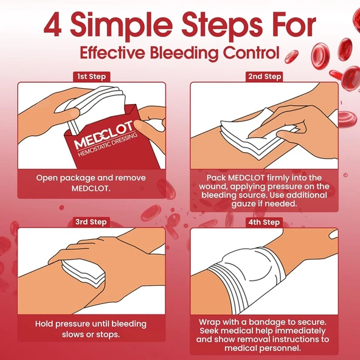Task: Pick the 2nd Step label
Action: pos(265,77)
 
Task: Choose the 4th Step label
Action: pos(265,222)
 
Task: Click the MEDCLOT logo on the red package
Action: pos(100,139)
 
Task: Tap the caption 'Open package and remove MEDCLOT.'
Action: pos(91,183)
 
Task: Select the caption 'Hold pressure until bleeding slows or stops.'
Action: pos(91,328)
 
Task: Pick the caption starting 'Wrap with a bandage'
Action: pos(265,334)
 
